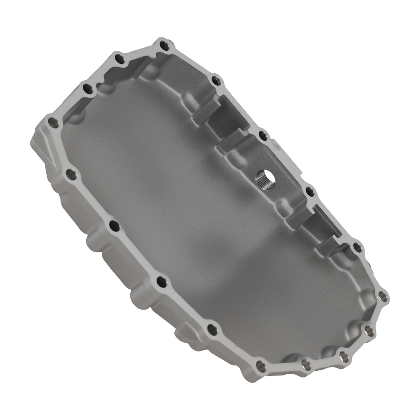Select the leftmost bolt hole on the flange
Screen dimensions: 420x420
pos(53,122)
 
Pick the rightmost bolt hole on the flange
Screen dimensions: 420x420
pos(383,297)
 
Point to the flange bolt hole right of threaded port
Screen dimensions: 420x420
pos(310,192)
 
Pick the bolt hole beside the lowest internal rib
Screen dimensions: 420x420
pos(357,247)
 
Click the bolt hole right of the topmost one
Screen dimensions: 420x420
pos(215,80)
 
